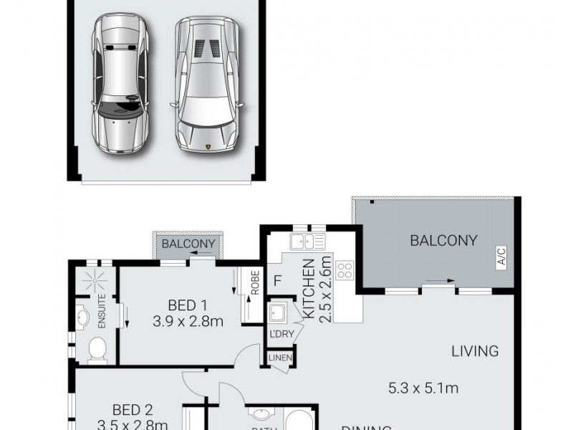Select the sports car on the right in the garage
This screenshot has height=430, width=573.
207,85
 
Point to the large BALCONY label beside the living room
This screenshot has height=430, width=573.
443,241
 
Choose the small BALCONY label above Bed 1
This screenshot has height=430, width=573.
188,244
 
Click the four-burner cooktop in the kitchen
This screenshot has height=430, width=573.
345,270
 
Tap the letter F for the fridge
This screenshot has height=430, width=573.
277,280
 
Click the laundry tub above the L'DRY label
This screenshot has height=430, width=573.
278,313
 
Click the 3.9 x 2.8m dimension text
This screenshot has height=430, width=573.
188,321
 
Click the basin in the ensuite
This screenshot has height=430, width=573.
83,316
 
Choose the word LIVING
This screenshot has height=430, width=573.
474,351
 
